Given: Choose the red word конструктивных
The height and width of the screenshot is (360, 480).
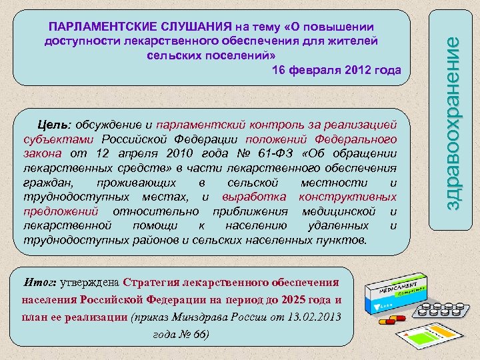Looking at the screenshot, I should (x=348, y=197).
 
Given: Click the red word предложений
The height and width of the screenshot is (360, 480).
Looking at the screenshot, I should (x=61, y=211).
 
